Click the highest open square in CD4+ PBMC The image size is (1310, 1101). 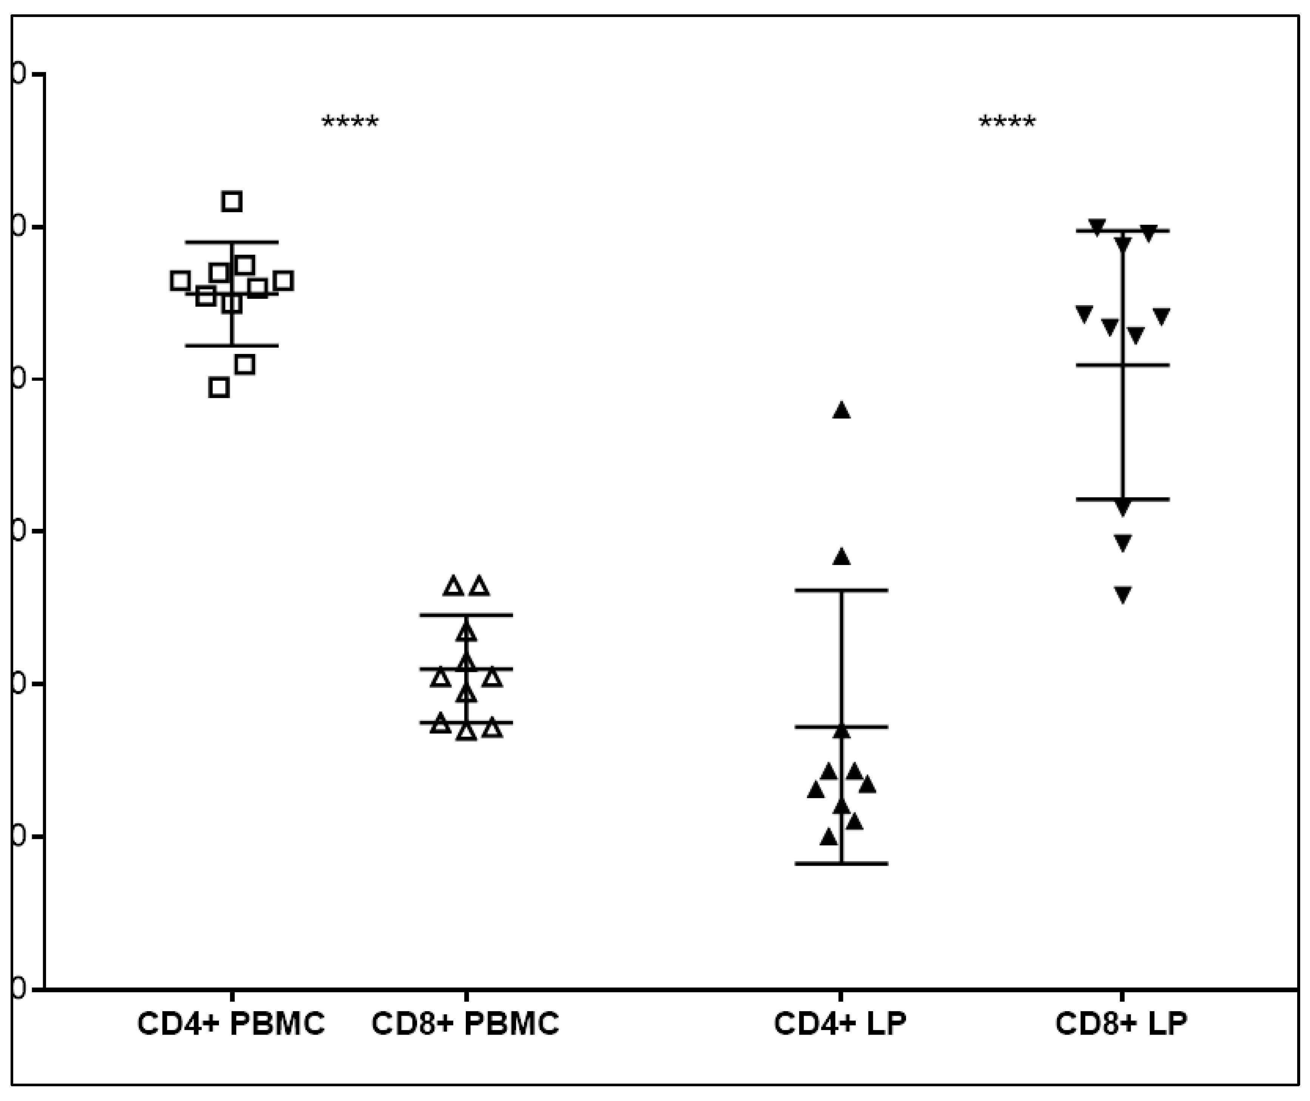tap(232, 201)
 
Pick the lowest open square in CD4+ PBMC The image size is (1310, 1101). tap(219, 388)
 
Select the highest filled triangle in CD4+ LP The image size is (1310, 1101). tap(841, 411)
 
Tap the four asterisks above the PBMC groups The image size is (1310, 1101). tap(350, 122)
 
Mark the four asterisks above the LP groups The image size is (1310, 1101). tap(1008, 122)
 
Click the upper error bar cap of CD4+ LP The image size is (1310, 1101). tap(841, 590)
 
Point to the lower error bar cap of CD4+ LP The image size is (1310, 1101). tap(841, 864)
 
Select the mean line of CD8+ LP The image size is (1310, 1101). tap(1123, 364)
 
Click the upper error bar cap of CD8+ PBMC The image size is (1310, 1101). tap(466, 615)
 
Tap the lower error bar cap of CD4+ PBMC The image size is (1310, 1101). tap(232, 345)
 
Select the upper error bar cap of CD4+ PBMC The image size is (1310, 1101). tap(232, 242)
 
